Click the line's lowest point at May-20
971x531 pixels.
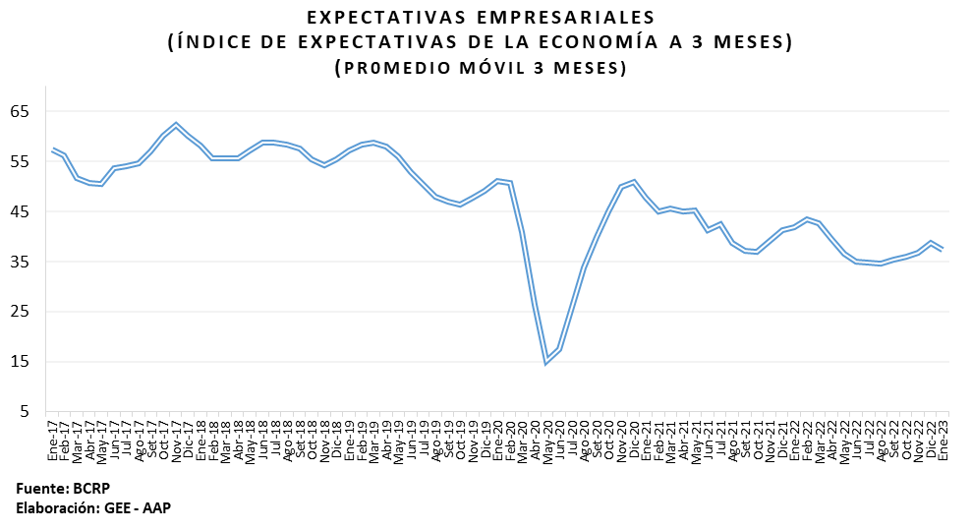pos(546,361)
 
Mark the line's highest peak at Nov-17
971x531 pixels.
pos(176,124)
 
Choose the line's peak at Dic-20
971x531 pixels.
pos(634,182)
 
